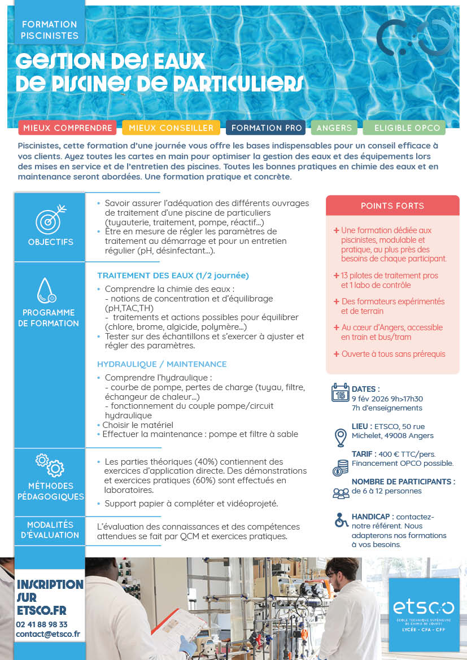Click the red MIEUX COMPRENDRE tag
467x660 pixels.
coord(67,128)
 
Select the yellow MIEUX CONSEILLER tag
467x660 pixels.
coord(171,128)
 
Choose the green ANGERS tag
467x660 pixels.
coord(334,128)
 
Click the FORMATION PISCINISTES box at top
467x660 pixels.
coord(49,29)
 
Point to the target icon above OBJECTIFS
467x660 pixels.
coord(50,218)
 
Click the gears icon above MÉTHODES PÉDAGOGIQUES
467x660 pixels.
coord(50,464)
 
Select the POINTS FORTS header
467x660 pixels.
coord(392,206)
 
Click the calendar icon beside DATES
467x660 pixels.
coord(340,392)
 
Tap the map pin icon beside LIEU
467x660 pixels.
coord(340,438)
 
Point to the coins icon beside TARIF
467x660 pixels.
coord(340,467)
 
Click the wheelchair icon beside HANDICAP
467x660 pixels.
coord(341,519)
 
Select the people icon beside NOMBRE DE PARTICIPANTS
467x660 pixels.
coord(341,493)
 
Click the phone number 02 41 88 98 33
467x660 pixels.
coord(42,624)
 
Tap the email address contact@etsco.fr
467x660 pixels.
coord(48,634)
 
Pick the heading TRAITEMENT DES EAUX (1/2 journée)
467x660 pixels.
coord(173,276)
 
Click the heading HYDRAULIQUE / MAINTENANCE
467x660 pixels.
coord(162,364)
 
